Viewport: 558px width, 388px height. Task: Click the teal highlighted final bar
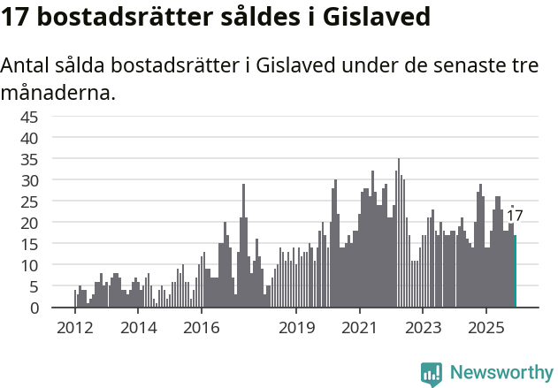pos(515,271)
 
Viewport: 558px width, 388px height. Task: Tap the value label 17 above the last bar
pos(515,216)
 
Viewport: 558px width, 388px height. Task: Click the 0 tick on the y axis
pos(58,308)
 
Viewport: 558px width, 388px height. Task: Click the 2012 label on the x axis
pos(74,328)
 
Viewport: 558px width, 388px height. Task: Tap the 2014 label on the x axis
pos(137,328)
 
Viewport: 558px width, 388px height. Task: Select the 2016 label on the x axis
pos(201,328)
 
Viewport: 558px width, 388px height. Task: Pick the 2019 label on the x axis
pos(296,328)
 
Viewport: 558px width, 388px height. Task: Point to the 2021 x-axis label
pos(359,328)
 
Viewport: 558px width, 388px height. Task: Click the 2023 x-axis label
pos(423,328)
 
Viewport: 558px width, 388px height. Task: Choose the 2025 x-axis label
pos(485,328)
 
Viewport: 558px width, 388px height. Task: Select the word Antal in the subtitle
pos(24,66)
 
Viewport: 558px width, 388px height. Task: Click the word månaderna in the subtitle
pos(57,92)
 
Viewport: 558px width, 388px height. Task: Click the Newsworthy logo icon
pos(431,373)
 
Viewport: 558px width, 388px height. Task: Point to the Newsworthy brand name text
pos(501,373)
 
